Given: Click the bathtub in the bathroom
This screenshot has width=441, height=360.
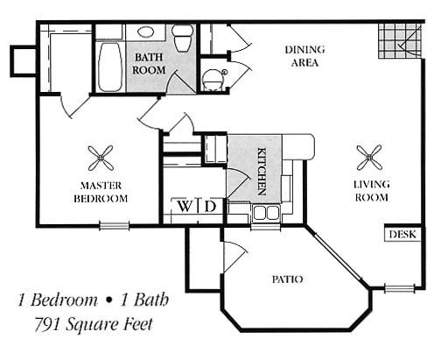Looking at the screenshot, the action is point(110,67).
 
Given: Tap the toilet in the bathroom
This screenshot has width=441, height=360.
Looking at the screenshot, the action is point(183,38).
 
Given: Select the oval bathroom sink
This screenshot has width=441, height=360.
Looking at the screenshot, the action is point(145,32).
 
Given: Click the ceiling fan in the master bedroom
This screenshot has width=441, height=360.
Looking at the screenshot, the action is point(101,158).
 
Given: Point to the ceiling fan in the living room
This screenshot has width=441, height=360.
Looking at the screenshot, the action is point(369,158).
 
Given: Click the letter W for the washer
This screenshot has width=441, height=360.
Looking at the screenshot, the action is point(185,207).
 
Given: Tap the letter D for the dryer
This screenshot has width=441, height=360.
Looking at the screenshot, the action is point(210,207).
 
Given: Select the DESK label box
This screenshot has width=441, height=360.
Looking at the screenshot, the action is point(402,234).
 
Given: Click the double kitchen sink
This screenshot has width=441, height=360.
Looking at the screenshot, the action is point(266,213).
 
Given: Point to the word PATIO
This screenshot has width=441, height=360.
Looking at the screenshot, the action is point(288,279).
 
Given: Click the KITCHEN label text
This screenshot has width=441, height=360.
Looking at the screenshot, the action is point(262,172).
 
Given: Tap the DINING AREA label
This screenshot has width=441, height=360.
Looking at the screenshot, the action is point(304,56).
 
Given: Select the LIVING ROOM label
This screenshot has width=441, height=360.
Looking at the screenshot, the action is point(372,191).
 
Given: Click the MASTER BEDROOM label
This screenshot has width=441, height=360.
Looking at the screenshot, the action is point(101,192).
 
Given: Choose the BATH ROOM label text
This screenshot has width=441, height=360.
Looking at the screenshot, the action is point(149,63).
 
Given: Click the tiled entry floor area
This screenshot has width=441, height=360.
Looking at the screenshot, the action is point(400,41).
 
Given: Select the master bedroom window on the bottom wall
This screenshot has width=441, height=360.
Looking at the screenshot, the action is point(114,226).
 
